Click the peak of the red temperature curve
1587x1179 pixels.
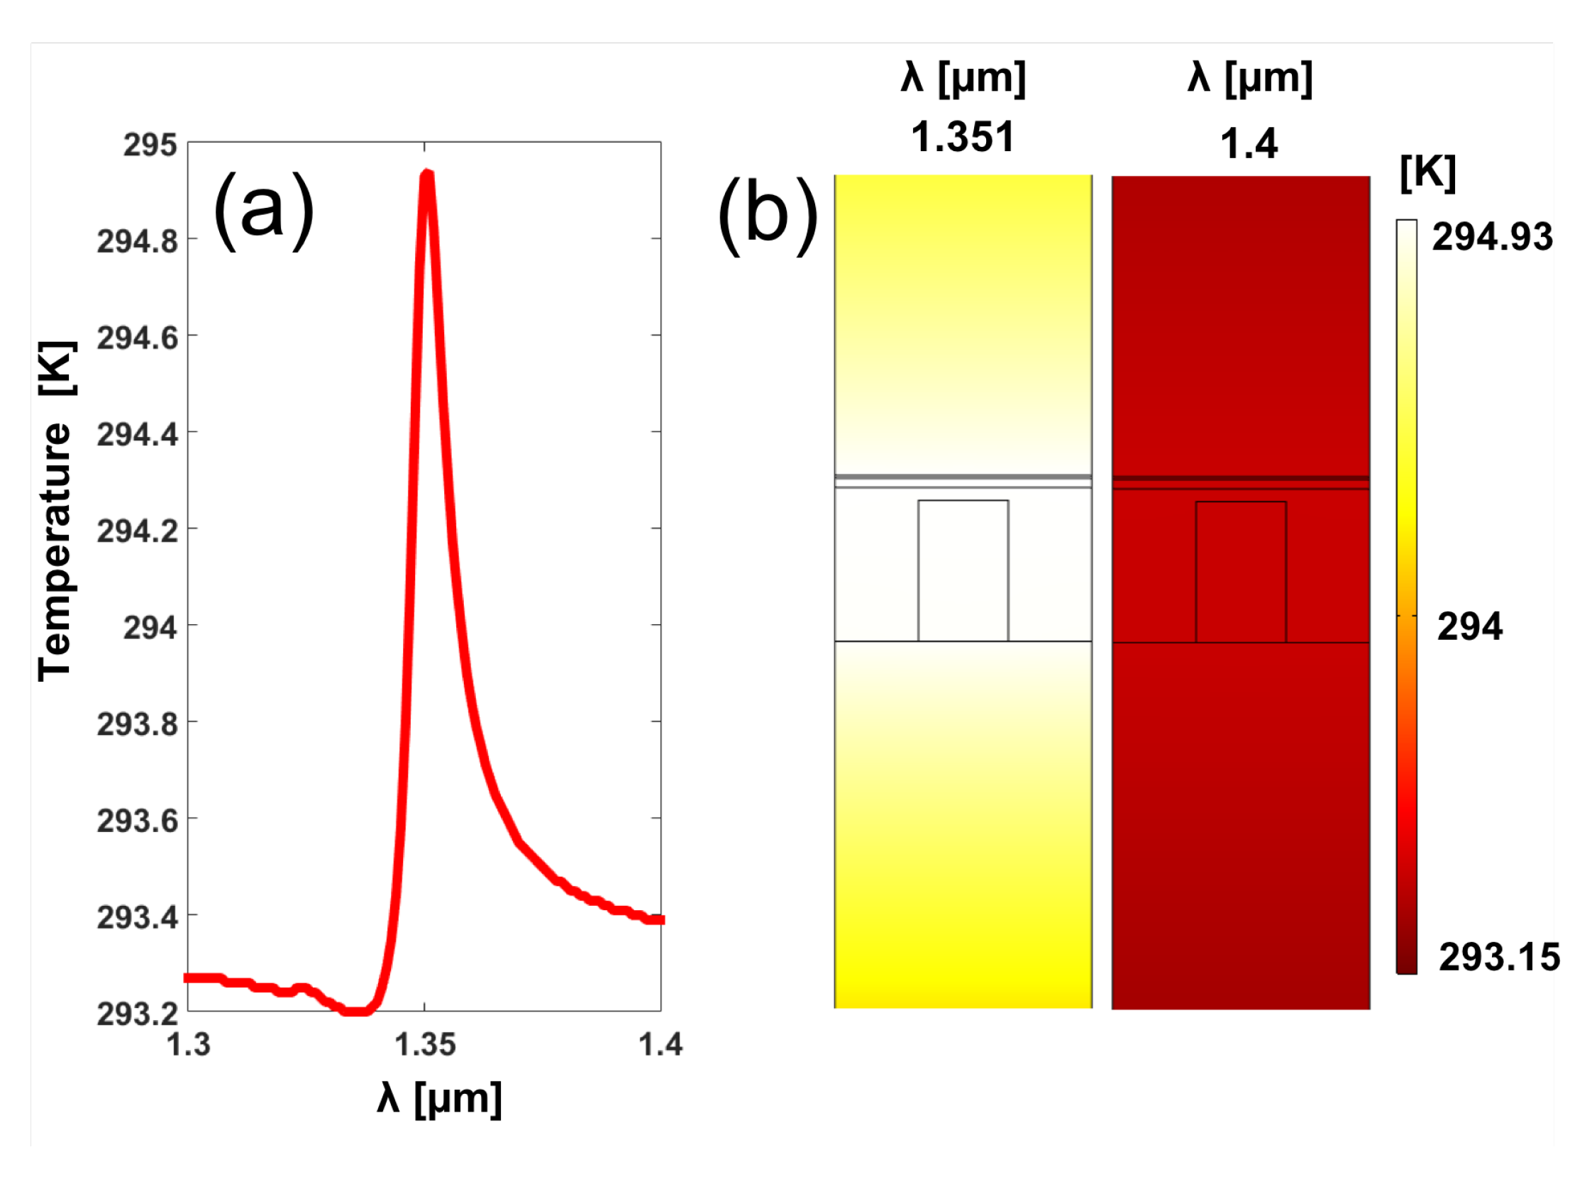tap(426, 174)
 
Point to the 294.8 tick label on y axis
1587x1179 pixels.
tap(138, 241)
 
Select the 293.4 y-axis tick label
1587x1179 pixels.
tap(138, 918)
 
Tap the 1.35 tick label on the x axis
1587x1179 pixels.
tap(424, 1045)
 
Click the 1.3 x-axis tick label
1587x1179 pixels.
tap(189, 1045)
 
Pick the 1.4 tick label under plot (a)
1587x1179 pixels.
tap(660, 1045)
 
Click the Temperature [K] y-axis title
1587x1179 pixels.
tap(55, 511)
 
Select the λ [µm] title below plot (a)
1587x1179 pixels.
tap(440, 1098)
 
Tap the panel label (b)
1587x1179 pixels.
tap(768, 215)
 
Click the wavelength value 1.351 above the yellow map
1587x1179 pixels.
tap(963, 137)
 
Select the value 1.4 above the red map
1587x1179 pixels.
tap(1249, 143)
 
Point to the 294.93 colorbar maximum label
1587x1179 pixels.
tap(1492, 237)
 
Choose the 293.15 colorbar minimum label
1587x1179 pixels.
tap(1499, 957)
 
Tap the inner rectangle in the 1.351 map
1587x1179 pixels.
tap(963, 570)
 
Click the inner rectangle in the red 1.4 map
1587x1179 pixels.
tap(1241, 572)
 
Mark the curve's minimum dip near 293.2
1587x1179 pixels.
tap(355, 1010)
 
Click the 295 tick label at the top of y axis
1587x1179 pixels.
tap(150, 145)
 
